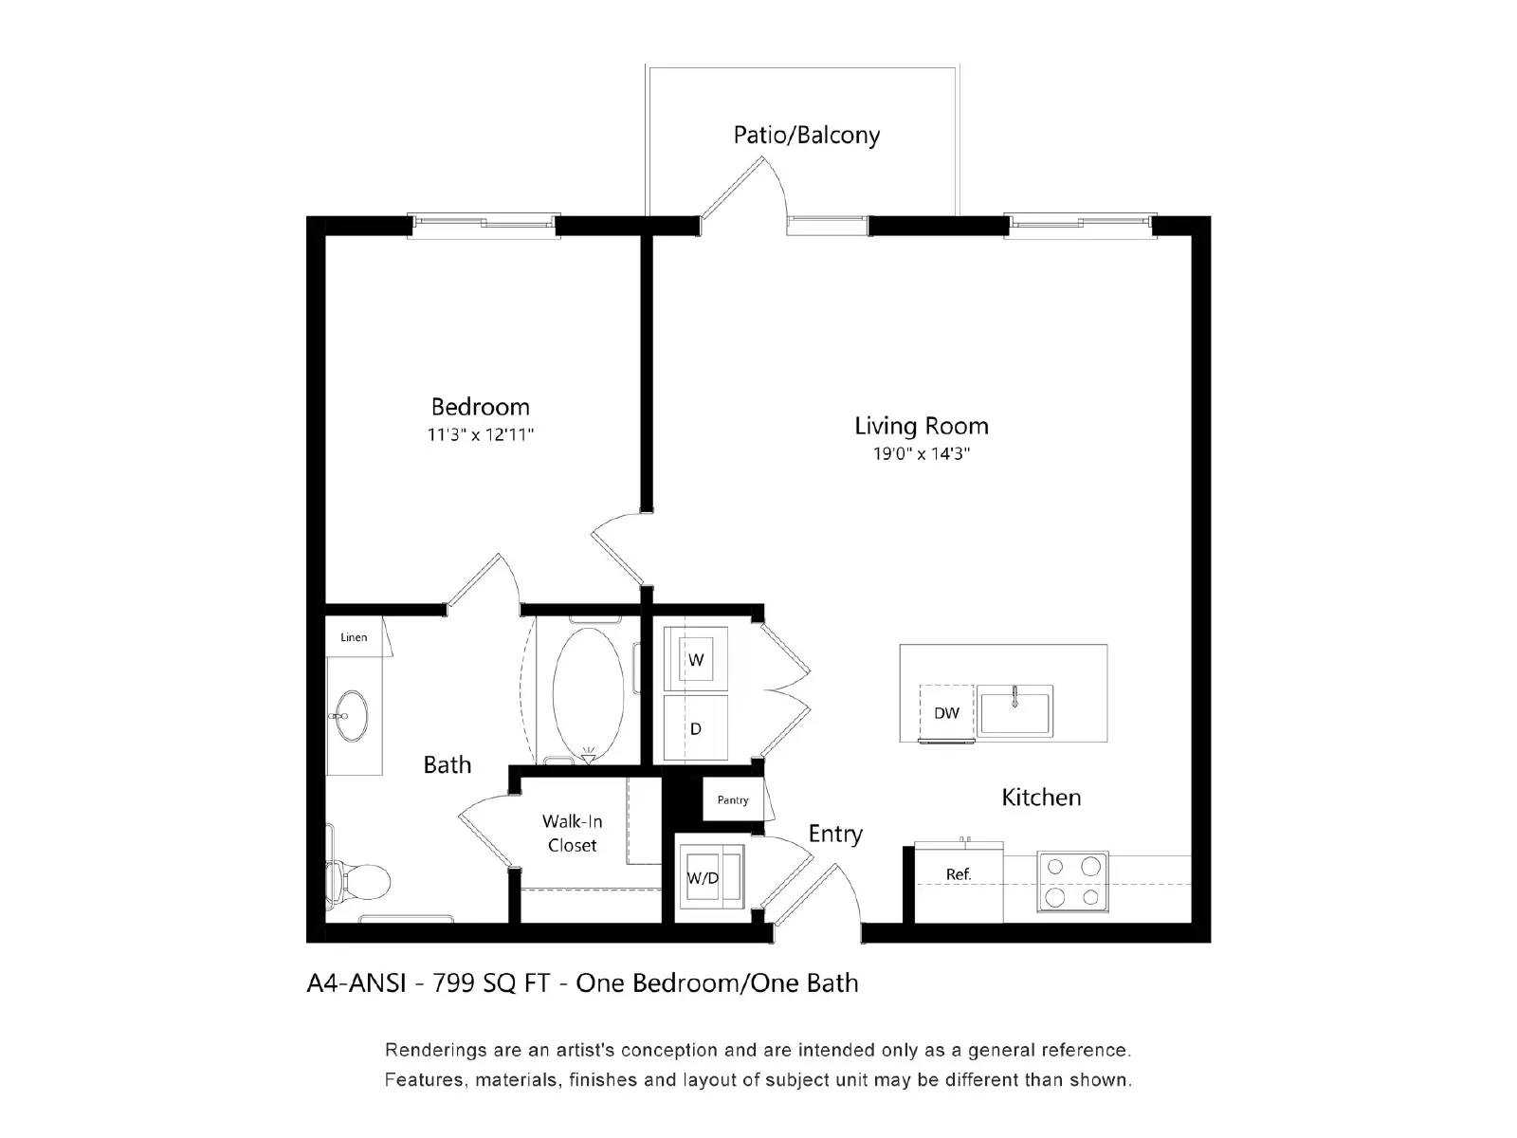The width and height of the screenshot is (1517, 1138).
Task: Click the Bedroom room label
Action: point(480,407)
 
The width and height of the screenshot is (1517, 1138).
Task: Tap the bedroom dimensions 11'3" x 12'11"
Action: point(480,435)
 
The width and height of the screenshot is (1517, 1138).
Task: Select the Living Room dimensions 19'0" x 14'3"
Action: point(921,454)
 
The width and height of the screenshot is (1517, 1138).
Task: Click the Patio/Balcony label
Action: point(806,135)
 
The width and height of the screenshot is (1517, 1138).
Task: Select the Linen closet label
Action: point(354,637)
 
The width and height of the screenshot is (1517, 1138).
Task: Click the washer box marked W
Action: point(696,659)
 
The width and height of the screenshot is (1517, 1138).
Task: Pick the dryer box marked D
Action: point(696,728)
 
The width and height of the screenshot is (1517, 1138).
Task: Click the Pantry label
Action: point(732,800)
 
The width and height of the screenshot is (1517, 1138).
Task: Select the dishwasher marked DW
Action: point(946,713)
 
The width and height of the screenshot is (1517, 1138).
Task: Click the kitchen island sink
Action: point(1014,711)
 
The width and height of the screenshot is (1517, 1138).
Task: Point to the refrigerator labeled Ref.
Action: point(958,874)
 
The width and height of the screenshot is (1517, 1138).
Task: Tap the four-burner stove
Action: point(1072,881)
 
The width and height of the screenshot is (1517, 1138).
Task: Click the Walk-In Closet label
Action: point(572,833)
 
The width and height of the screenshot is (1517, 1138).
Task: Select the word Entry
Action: point(835,834)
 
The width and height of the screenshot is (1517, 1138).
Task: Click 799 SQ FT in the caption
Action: point(491,983)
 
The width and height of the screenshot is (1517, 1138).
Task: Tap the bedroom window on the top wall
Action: point(484,225)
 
